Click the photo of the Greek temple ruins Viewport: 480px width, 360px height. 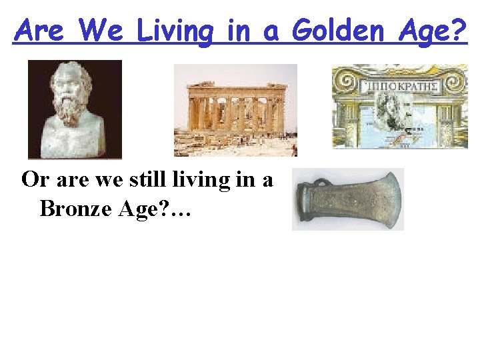235,110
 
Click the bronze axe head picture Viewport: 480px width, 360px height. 348,199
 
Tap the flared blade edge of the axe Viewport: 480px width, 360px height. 393,199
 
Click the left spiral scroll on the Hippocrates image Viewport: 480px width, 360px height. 347,82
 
